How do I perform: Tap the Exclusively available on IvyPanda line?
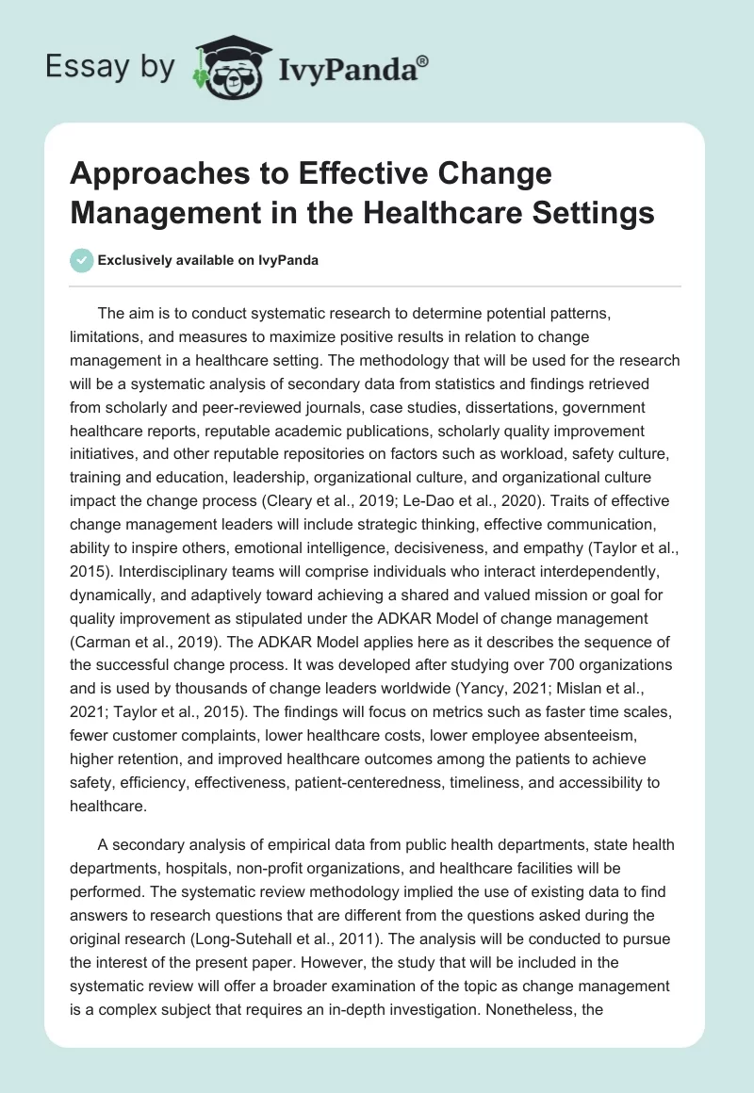click(206, 260)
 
